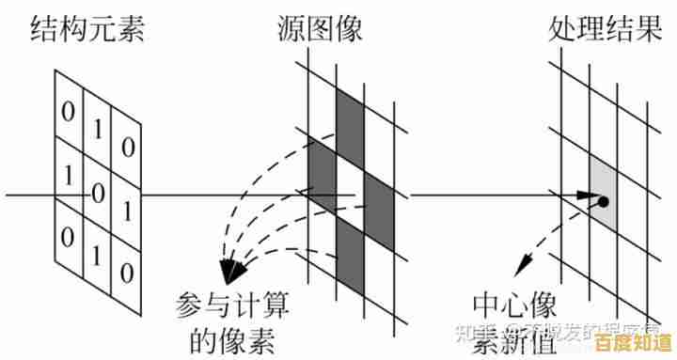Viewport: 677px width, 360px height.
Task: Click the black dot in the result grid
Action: [603, 201]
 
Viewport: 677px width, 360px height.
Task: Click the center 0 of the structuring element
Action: [96, 193]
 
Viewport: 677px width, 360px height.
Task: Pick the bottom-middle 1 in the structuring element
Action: [97, 255]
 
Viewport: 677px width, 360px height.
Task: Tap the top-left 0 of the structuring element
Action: [68, 111]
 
